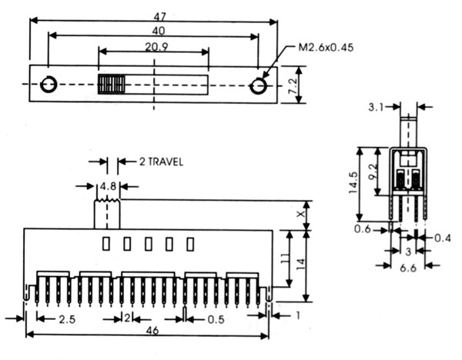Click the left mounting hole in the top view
pyautogui.click(x=49, y=85)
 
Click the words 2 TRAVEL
pyautogui.click(x=161, y=162)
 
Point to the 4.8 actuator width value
pyautogui.click(x=107, y=185)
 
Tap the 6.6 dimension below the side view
pyautogui.click(x=410, y=268)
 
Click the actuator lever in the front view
pyautogui.click(x=107, y=213)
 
